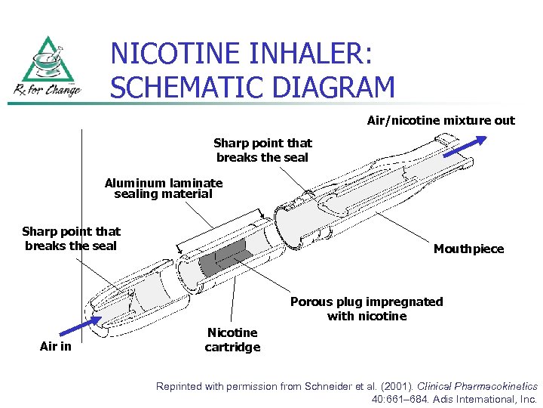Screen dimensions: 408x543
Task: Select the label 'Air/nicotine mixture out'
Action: pyautogui.click(x=440, y=120)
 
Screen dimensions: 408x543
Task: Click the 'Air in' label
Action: pyautogui.click(x=57, y=347)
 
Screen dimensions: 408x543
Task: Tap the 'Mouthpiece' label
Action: pyautogui.click(x=468, y=249)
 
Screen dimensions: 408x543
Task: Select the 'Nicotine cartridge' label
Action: pyautogui.click(x=232, y=340)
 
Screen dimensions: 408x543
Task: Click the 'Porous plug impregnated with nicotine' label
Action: pyautogui.click(x=367, y=308)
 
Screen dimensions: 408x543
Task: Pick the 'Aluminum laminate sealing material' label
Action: pyautogui.click(x=164, y=188)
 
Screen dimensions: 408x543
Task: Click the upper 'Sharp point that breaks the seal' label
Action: pyautogui.click(x=262, y=150)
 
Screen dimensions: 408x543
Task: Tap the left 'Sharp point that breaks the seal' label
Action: pyautogui.click(x=71, y=238)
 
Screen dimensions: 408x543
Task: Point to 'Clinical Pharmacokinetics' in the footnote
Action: pyautogui.click(x=477, y=386)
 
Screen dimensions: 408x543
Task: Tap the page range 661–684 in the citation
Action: pyautogui.click(x=411, y=399)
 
